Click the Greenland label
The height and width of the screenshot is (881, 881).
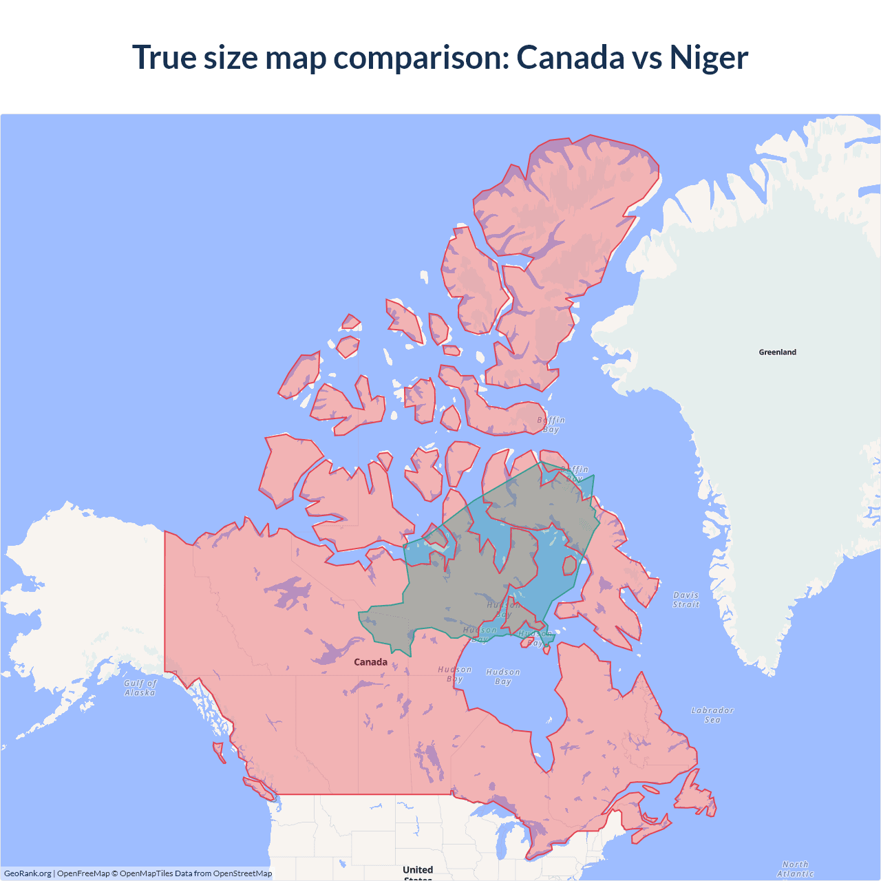[x=777, y=352]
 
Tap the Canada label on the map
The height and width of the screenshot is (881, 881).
[x=370, y=662]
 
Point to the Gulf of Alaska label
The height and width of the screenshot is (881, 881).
[x=140, y=688]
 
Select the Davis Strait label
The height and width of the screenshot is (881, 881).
[x=686, y=599]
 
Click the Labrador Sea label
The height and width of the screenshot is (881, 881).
[x=712, y=715]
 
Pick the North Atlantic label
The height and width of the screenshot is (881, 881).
[x=795, y=869]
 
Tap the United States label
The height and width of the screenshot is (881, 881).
[x=418, y=871]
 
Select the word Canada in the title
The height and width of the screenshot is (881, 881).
[x=570, y=57]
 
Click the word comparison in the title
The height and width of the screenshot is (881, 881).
[x=421, y=57]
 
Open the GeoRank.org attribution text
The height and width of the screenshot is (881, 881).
[x=28, y=873]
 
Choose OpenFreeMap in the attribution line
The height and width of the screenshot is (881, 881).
[x=83, y=873]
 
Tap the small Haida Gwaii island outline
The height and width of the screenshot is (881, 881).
[x=219, y=751]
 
